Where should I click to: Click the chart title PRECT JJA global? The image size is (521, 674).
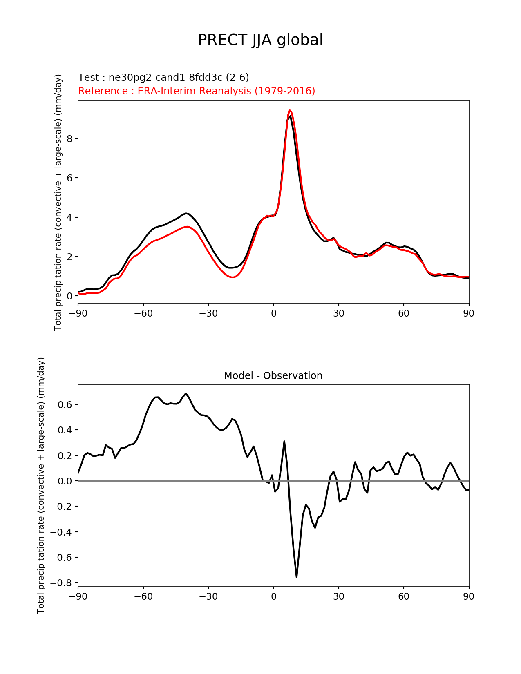click(260, 40)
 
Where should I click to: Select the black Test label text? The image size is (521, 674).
click(163, 78)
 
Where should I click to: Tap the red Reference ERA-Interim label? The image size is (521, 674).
click(197, 91)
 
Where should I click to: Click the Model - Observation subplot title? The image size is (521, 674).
click(273, 376)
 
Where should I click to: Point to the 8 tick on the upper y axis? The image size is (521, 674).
click(69, 139)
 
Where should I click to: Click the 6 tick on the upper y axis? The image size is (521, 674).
click(69, 178)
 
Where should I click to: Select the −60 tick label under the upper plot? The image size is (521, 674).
click(143, 313)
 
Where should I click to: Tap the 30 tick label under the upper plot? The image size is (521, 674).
click(338, 313)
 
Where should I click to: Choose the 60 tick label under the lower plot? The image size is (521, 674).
click(403, 596)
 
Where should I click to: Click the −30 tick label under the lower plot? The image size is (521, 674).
click(208, 596)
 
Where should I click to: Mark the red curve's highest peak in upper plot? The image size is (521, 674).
click(290, 110)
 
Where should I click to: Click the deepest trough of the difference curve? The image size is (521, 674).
click(296, 577)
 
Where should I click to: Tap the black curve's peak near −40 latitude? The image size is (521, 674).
click(186, 213)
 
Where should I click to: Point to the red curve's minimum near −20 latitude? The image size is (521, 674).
click(233, 277)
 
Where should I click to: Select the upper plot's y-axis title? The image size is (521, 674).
click(58, 202)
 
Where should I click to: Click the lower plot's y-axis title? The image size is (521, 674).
click(41, 485)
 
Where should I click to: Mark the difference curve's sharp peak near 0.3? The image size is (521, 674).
click(284, 441)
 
